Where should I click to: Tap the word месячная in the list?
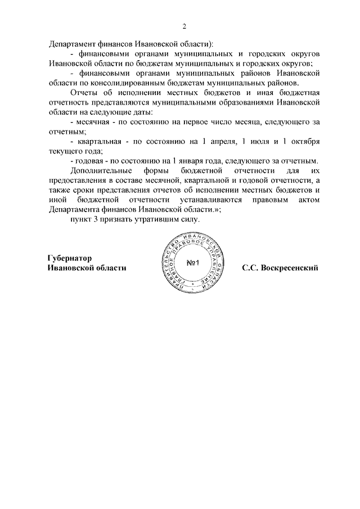coord(92,122)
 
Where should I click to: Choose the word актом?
coord(309,200)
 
